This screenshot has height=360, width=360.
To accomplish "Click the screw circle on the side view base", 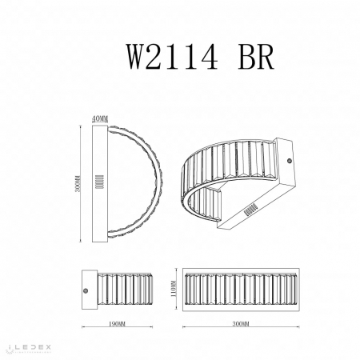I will [88, 286].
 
